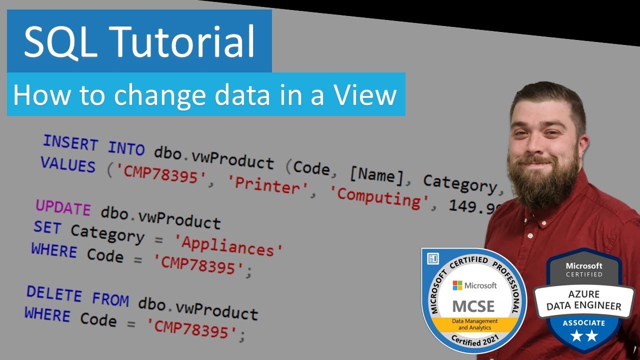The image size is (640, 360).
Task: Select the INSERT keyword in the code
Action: [70, 143]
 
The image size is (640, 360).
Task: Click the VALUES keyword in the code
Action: [67, 165]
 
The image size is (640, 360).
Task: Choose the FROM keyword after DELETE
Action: [110, 299]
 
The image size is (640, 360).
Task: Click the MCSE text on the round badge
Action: [473, 305]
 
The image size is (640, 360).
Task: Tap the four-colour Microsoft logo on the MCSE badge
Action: [457, 285]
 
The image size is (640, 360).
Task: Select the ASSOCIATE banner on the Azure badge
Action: [583, 323]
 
